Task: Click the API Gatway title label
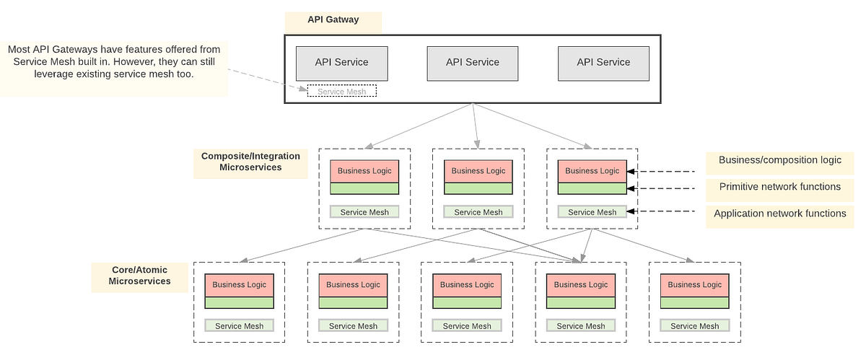click(332, 21)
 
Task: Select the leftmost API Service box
click(341, 63)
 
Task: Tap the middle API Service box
click(473, 63)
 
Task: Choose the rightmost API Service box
click(603, 63)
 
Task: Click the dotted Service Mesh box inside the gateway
click(342, 92)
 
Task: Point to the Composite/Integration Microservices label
click(250, 162)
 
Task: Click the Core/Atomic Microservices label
click(140, 276)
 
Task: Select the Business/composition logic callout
click(779, 160)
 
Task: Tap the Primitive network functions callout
click(779, 187)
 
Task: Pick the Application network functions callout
click(779, 214)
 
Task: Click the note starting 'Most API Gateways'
click(114, 61)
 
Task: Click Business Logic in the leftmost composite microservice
click(364, 171)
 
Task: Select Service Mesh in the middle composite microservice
click(478, 212)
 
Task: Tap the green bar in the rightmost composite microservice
click(592, 189)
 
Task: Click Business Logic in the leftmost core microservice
click(239, 285)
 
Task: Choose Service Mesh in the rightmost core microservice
click(694, 326)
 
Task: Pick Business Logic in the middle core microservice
click(467, 285)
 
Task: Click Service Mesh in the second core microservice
click(353, 326)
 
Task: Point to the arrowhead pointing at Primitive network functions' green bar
click(631, 188)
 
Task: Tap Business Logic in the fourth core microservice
click(580, 285)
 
